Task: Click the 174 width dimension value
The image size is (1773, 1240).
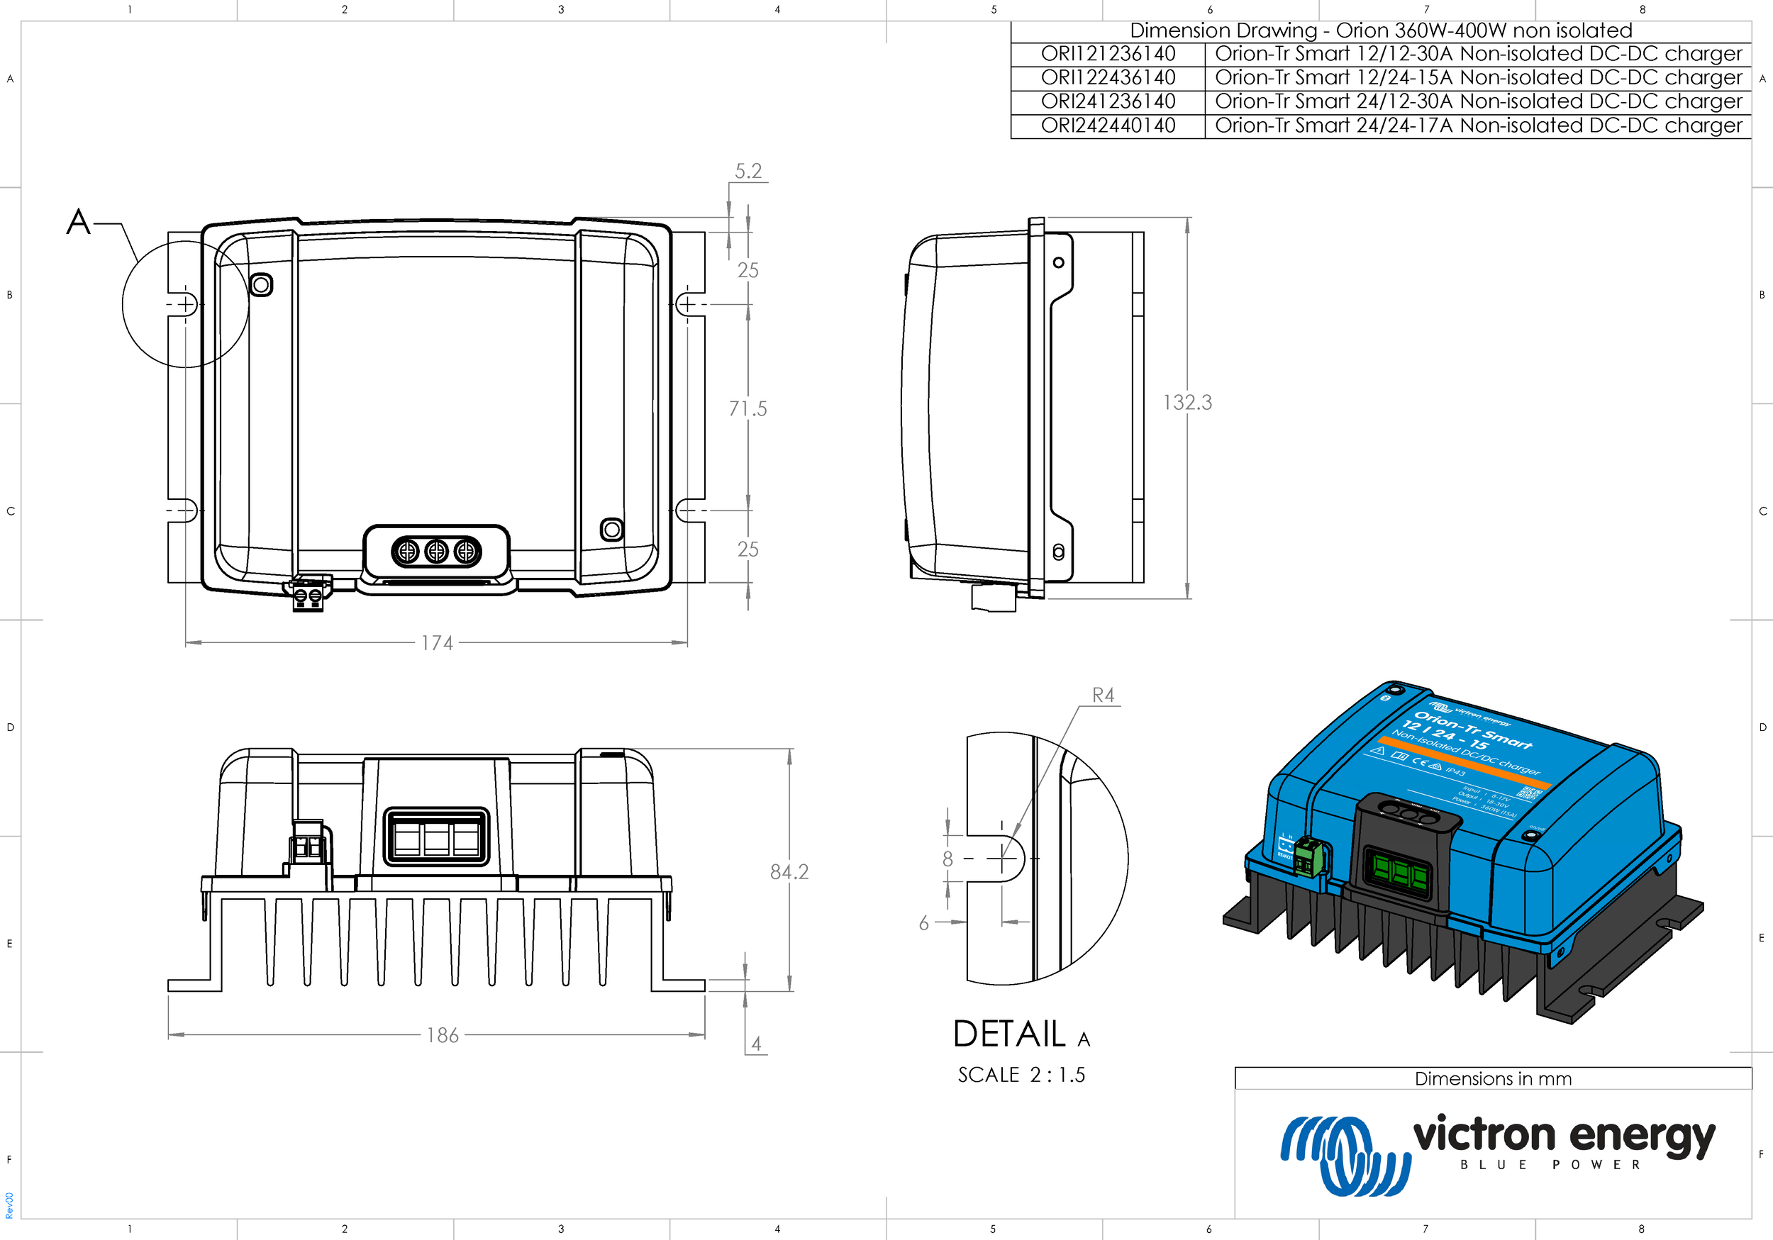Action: pyautogui.click(x=437, y=643)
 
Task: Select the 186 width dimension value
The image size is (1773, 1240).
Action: pyautogui.click(x=443, y=1035)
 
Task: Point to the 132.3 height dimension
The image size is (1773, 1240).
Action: pyautogui.click(x=1187, y=402)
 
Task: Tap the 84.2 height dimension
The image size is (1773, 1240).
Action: pyautogui.click(x=789, y=872)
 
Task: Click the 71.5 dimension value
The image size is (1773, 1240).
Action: pyautogui.click(x=747, y=408)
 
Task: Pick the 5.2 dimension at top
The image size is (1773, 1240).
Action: pyautogui.click(x=747, y=171)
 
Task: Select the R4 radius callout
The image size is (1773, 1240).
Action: pyautogui.click(x=1103, y=695)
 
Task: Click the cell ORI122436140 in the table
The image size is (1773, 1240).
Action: pyautogui.click(x=1107, y=77)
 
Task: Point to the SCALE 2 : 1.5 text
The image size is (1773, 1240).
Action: pyautogui.click(x=1021, y=1075)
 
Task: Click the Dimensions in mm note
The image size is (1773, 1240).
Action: pyautogui.click(x=1493, y=1078)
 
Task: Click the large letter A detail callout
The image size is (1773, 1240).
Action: pyautogui.click(x=78, y=222)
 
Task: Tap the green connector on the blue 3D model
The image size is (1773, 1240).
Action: pyautogui.click(x=1308, y=856)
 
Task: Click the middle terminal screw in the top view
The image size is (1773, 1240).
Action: pyautogui.click(x=436, y=552)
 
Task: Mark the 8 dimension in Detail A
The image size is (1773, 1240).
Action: pyautogui.click(x=947, y=859)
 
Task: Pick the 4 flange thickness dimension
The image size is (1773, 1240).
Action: pyautogui.click(x=756, y=1044)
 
